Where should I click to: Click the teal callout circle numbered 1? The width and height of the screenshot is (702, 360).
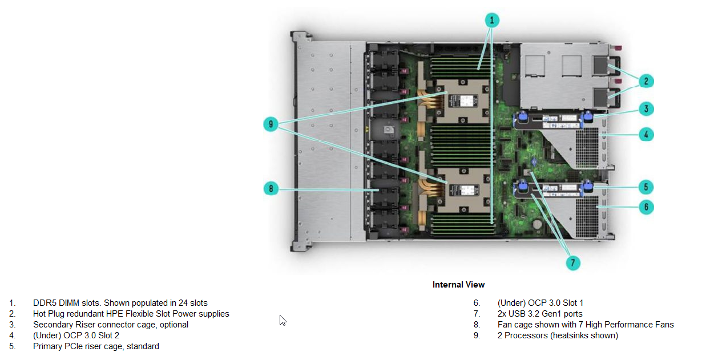[x=492, y=21]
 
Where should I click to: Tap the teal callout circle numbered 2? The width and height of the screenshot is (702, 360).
[x=646, y=81]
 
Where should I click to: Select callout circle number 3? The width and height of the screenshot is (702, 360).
[x=646, y=109]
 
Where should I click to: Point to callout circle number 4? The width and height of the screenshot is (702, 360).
[x=646, y=135]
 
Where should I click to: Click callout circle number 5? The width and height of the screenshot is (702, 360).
[x=646, y=187]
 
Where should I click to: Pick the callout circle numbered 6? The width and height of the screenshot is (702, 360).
[x=646, y=207]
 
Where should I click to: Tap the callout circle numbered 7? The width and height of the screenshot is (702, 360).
[x=573, y=262]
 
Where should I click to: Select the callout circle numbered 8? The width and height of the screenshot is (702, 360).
[x=271, y=189]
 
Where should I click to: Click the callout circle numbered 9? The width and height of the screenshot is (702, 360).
[x=271, y=124]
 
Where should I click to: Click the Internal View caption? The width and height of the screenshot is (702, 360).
[x=458, y=285]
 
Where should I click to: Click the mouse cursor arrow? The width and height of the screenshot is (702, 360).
[x=283, y=320]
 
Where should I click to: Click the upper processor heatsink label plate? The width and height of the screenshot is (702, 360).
[x=464, y=100]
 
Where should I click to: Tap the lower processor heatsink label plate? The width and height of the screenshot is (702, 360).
[x=464, y=190]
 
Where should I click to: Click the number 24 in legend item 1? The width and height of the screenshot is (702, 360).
[x=183, y=303]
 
